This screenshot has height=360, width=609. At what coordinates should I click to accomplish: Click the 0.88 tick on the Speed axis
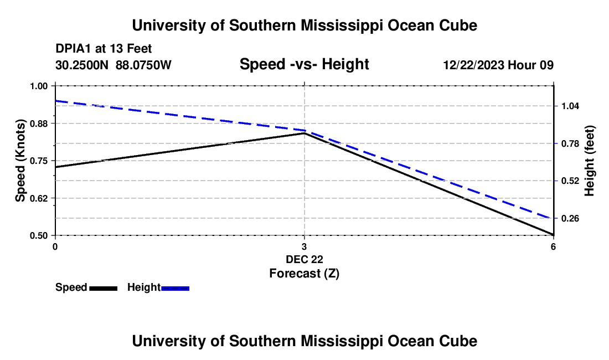(39, 123)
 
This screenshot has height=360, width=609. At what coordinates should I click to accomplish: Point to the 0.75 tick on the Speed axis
(39, 161)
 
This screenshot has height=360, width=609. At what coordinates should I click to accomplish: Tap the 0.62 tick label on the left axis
(39, 198)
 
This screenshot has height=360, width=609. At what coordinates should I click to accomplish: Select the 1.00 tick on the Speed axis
(39, 86)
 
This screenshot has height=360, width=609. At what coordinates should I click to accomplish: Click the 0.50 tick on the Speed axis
(39, 235)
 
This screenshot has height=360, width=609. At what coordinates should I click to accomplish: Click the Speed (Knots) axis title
(20, 161)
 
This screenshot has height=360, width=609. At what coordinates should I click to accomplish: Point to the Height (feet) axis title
(589, 161)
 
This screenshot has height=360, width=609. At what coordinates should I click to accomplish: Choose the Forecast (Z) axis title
(304, 273)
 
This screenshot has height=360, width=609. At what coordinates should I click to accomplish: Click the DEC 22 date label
(304, 259)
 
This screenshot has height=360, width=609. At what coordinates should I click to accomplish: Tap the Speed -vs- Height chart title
(304, 65)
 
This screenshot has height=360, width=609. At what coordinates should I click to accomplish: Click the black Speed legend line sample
(103, 288)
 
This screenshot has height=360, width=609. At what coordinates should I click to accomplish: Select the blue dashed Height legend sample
(175, 288)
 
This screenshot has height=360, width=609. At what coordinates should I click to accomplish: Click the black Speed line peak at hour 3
(304, 133)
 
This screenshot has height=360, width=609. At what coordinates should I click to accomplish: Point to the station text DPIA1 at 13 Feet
(104, 49)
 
